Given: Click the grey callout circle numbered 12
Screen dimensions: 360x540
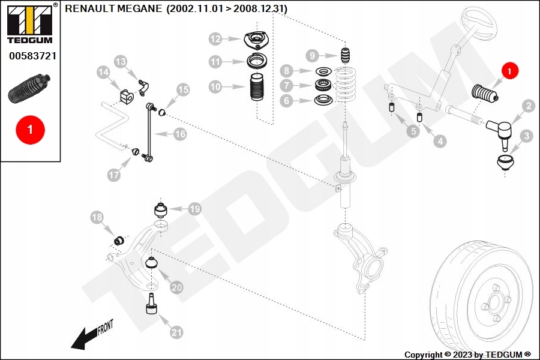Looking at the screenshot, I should click(x=215, y=39).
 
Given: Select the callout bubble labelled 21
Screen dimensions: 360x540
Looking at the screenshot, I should click(x=176, y=332).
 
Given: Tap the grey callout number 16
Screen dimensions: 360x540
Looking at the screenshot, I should click(x=181, y=134).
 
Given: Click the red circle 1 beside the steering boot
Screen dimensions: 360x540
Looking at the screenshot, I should click(x=509, y=71).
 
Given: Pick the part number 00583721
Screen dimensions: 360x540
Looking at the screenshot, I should click(x=32, y=56).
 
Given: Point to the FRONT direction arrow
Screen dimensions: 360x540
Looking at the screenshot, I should click(x=90, y=335).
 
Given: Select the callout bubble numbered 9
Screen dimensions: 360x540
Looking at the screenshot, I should click(x=312, y=56).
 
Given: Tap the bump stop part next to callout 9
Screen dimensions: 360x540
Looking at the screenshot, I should click(x=345, y=55).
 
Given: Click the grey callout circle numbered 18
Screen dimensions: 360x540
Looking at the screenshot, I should click(x=97, y=217).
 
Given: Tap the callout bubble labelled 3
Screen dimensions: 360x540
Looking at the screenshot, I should click(x=526, y=137).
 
